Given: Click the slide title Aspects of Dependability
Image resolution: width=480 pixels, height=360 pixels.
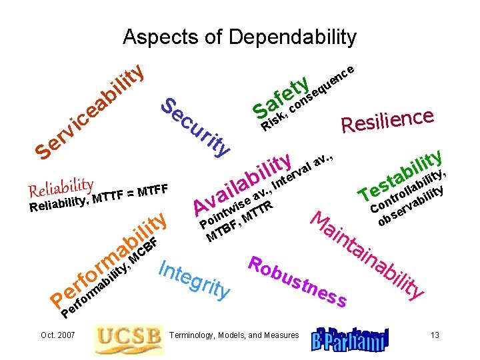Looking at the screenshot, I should coord(240,37).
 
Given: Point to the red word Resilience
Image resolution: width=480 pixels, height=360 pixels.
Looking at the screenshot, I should coord(388,119).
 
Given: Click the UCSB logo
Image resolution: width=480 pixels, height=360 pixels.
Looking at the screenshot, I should coord(129,339).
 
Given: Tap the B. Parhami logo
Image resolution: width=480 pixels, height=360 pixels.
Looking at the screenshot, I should coord(349,339).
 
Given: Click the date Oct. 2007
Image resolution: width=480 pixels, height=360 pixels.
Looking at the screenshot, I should coord(57,335).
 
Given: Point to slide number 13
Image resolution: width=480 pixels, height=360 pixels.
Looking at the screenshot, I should coord(435,335).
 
